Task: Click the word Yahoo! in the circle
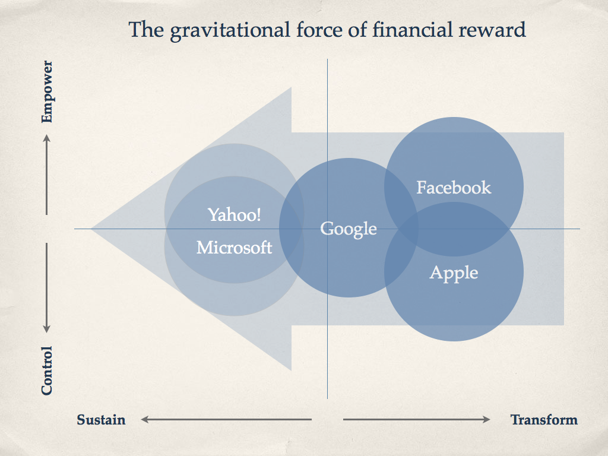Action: (x=234, y=214)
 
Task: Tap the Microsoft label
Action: (x=234, y=248)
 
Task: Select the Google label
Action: (x=349, y=229)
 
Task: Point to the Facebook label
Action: (x=454, y=187)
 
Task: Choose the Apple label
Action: (x=454, y=273)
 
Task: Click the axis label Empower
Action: (x=47, y=91)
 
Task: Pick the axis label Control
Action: (x=47, y=370)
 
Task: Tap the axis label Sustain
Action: (x=101, y=420)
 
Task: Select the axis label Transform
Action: (x=544, y=420)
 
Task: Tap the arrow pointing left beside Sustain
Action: (x=226, y=419)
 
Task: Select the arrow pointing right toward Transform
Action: (x=417, y=419)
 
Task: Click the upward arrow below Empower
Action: (x=46, y=175)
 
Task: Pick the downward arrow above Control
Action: (x=46, y=288)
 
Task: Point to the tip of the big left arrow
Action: (x=91, y=229)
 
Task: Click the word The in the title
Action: (x=146, y=30)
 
